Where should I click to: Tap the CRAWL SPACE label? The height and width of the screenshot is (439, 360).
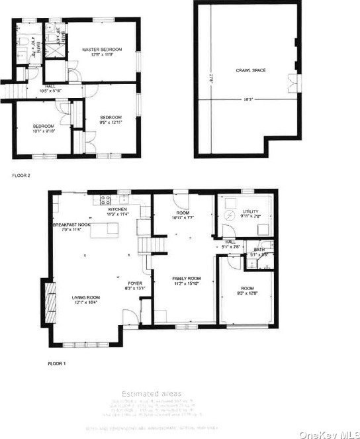[250, 70]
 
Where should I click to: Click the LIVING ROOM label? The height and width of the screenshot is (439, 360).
[85, 298]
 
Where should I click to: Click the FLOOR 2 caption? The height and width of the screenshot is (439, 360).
[21, 176]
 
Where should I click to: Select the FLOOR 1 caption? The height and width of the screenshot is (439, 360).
[58, 364]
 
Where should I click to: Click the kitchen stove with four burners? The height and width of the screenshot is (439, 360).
[105, 199]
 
